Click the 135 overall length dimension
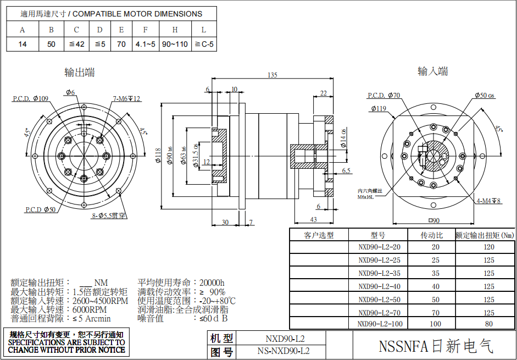273,75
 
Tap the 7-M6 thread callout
127,99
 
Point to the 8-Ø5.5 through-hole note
109,216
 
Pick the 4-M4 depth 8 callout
488,201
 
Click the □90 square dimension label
434,221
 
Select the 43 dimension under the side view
313,220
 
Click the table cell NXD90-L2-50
379,300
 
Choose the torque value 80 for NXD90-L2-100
488,324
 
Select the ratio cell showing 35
435,273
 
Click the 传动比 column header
435,235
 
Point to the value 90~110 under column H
175,44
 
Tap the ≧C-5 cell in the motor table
204,44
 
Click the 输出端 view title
80,72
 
